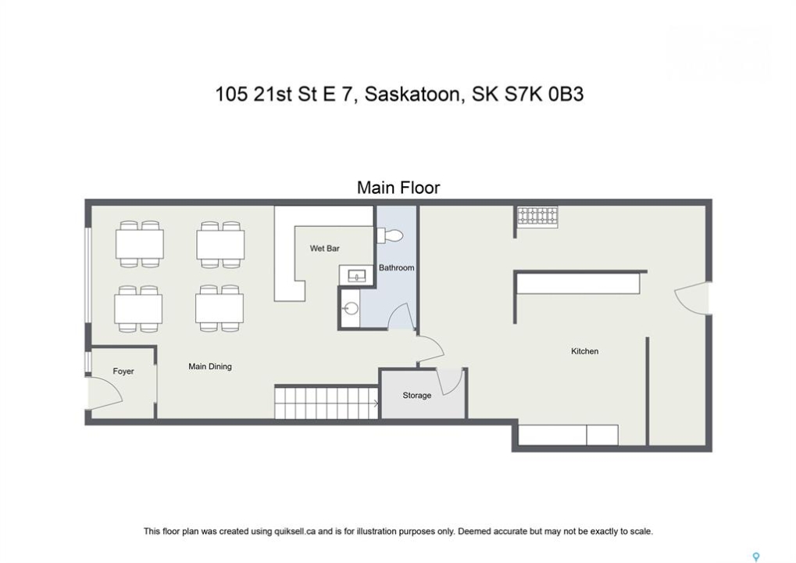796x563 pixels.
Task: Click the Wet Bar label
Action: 324,249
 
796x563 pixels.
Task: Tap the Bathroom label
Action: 397,267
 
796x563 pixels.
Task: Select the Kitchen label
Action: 584,351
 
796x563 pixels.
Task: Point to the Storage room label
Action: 417,396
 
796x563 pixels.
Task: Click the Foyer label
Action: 123,371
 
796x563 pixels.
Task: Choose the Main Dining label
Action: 209,367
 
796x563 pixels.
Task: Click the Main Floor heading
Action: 398,188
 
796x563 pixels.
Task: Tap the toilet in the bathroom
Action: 390,236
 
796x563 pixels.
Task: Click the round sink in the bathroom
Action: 350,308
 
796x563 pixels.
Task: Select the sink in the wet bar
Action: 356,276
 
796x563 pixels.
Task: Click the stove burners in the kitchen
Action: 537,217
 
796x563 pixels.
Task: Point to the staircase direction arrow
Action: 375,404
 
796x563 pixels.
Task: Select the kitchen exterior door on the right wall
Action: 691,298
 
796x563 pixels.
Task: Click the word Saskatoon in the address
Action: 412,95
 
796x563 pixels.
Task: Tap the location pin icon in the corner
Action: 756,557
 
